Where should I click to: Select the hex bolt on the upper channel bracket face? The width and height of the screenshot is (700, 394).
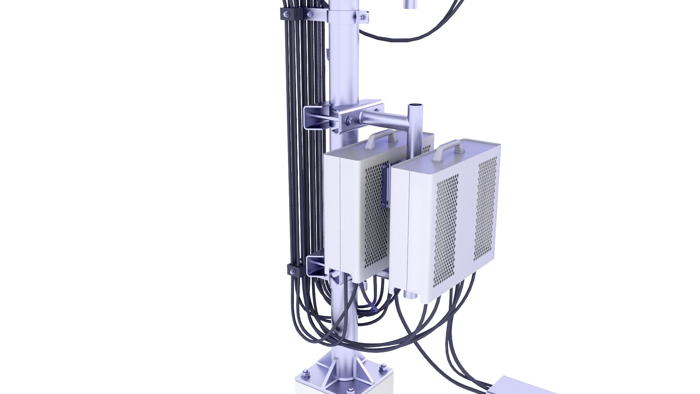pyautogui.click(x=350, y=120)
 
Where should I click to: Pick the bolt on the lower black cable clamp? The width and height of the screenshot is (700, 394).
pyautogui.click(x=292, y=271)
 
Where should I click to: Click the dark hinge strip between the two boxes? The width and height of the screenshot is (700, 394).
pyautogui.click(x=386, y=186)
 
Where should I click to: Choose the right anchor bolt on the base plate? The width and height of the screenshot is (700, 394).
pyautogui.click(x=383, y=367)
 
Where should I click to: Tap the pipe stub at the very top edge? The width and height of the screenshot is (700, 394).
pyautogui.click(x=411, y=4)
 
